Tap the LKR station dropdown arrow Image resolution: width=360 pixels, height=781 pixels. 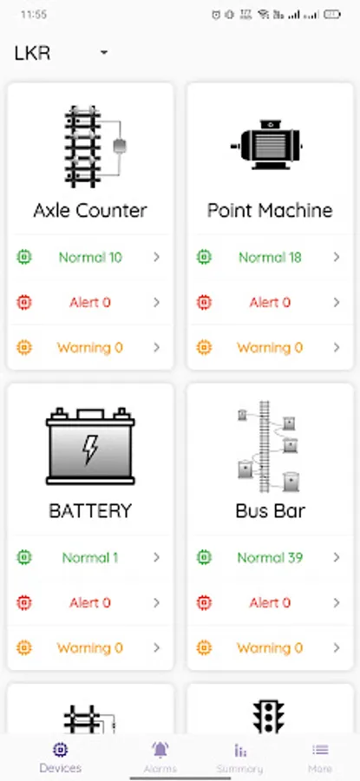click(103, 53)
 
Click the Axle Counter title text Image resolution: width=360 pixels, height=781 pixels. click(90, 210)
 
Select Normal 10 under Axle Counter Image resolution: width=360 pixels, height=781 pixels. click(90, 257)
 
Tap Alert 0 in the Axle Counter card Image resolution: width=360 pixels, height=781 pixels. click(90, 302)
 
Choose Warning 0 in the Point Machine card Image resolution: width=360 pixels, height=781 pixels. click(270, 347)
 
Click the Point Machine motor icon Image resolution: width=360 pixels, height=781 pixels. click(267, 144)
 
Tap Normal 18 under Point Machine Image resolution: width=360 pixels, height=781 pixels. click(270, 257)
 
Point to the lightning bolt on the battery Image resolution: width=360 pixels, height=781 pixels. click(90, 449)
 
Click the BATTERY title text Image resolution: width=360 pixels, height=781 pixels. click(90, 510)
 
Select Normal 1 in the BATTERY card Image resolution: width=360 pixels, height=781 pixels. click(90, 557)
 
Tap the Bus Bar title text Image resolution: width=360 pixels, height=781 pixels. click(270, 510)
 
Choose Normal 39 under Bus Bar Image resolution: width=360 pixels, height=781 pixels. click(270, 557)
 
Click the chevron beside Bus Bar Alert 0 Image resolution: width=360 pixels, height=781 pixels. click(337, 603)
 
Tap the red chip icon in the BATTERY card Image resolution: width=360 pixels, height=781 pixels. click(24, 603)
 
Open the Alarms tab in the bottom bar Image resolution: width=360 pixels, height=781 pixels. click(160, 756)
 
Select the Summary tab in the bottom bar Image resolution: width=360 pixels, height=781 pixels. click(240, 757)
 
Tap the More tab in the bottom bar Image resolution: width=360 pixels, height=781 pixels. click(320, 757)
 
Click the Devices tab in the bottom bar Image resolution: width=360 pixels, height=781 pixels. click(60, 757)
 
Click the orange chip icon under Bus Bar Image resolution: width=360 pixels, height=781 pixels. click(204, 648)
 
